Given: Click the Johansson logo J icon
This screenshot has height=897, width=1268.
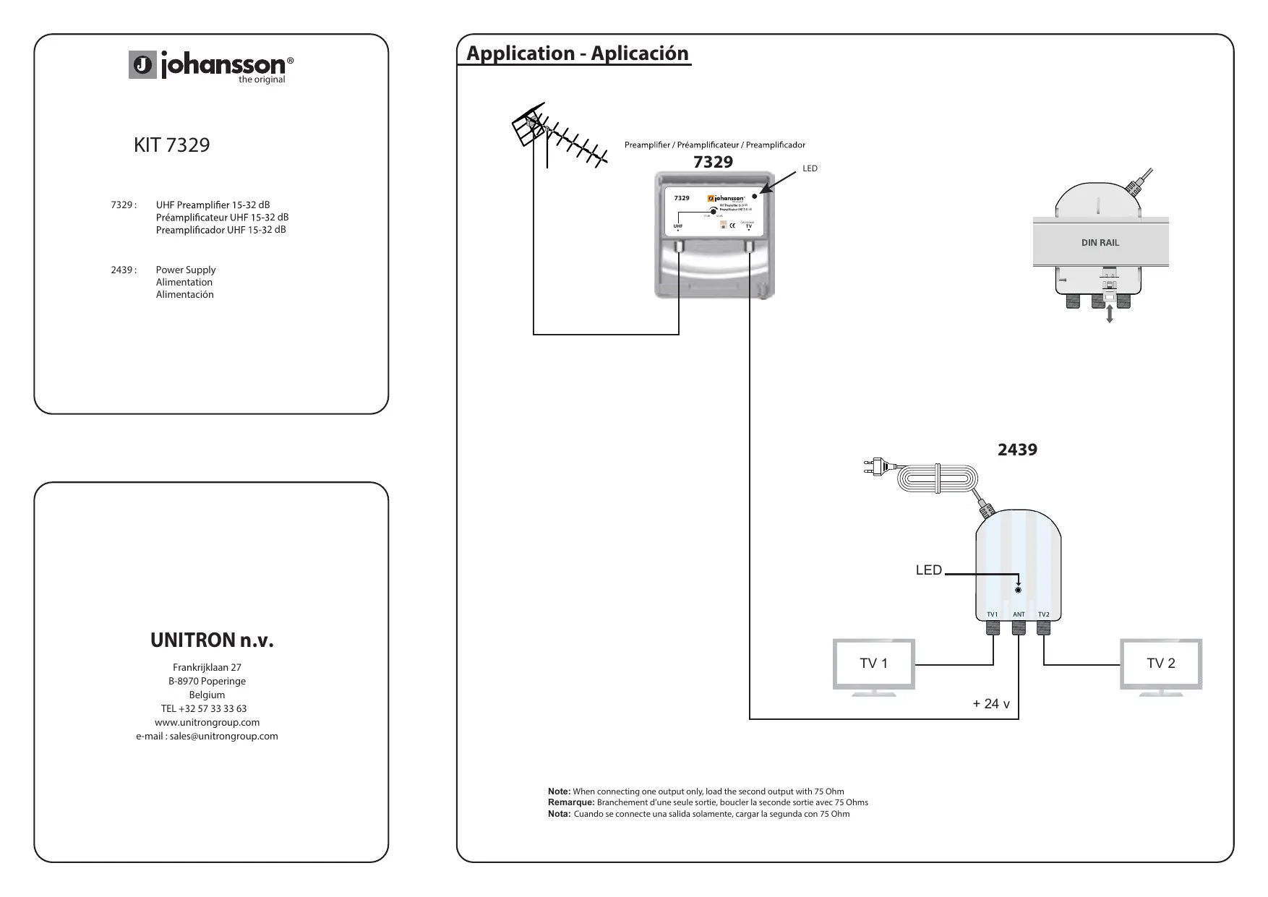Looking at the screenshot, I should pyautogui.click(x=143, y=65).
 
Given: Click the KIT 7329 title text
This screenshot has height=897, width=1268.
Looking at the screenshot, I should pyautogui.click(x=171, y=145).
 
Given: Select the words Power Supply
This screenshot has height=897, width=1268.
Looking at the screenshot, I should pyautogui.click(x=186, y=270).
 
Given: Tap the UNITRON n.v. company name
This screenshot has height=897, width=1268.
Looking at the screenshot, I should pyautogui.click(x=212, y=640).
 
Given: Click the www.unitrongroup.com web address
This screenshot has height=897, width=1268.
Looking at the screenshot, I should pyautogui.click(x=207, y=722).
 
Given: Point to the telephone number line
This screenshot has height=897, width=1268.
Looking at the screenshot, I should pyautogui.click(x=203, y=708).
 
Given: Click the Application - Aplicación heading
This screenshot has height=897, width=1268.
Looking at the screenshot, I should pyautogui.click(x=577, y=53).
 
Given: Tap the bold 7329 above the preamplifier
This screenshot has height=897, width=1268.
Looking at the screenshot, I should pyautogui.click(x=713, y=162).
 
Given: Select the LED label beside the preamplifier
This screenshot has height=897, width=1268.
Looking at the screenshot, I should pyautogui.click(x=810, y=168).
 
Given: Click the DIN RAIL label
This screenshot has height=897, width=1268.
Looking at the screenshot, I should pyautogui.click(x=1100, y=243).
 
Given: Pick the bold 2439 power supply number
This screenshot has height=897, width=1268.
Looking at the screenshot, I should pyautogui.click(x=1017, y=450).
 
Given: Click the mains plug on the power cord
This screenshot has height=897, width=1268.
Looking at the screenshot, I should pyautogui.click(x=875, y=466).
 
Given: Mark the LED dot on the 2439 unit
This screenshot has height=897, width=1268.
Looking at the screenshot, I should pyautogui.click(x=1018, y=590).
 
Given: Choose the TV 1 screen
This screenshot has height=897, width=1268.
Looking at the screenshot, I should pyautogui.click(x=873, y=664).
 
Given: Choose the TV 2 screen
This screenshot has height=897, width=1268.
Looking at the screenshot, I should pyautogui.click(x=1160, y=664).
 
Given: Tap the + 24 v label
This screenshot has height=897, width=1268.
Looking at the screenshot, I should pyautogui.click(x=991, y=704).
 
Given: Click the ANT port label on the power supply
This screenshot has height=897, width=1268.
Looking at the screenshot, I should pyautogui.click(x=1019, y=614).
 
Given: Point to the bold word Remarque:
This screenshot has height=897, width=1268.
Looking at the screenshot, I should pyautogui.click(x=571, y=802).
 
